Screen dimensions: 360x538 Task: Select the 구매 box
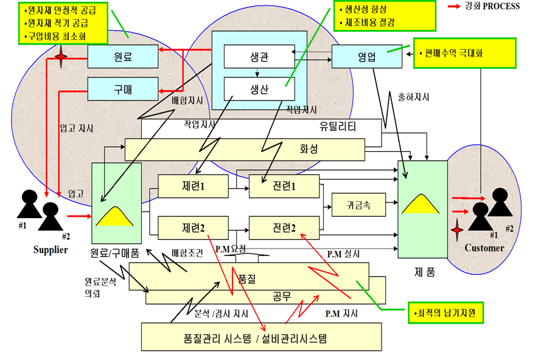tap(122, 90)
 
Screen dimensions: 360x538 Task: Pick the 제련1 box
tap(193, 186)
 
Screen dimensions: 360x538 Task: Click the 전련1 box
tap(284, 186)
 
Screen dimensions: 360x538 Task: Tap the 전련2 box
tap(284, 228)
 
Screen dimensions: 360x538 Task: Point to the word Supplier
tap(51, 249)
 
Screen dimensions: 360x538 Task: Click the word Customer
tap(484, 248)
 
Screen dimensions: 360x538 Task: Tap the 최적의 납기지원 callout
tap(449, 314)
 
